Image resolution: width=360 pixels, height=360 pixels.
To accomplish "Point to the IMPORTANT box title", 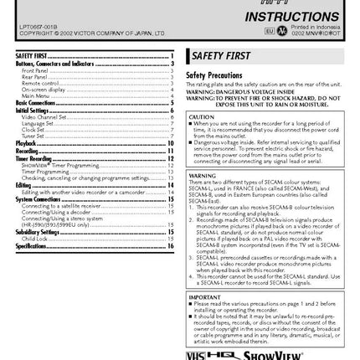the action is point(203,297).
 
